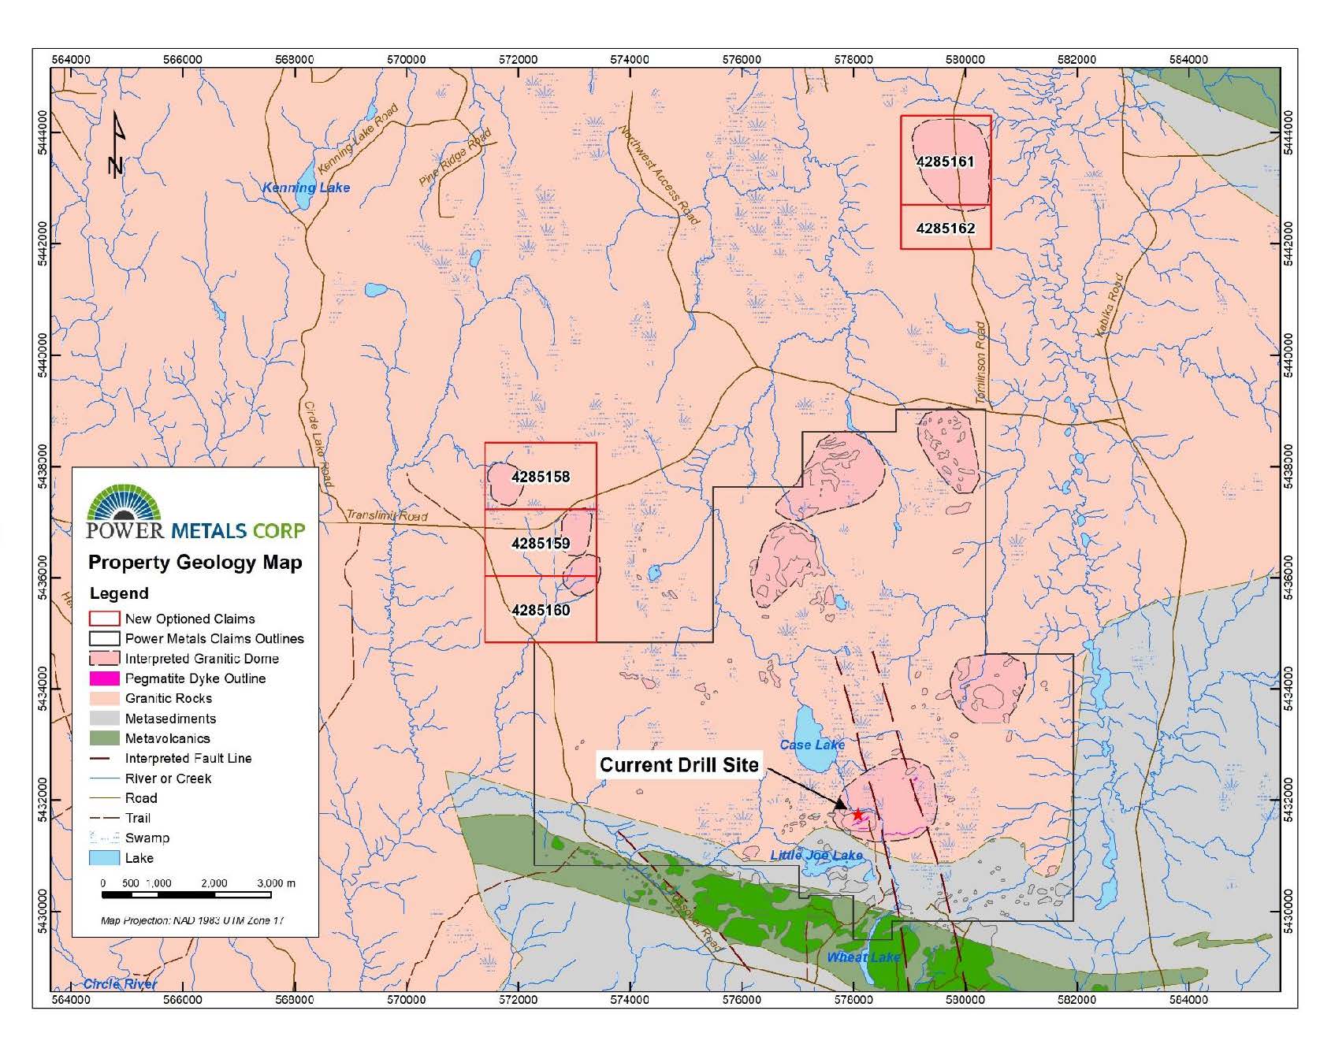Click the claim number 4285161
tap(945, 162)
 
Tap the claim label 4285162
tap(945, 229)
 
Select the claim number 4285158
tap(541, 477)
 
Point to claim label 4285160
tap(541, 610)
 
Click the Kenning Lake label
tap(306, 188)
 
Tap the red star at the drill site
tap(857, 816)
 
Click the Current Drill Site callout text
tap(679, 765)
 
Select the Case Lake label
tap(812, 745)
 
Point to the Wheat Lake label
tap(863, 957)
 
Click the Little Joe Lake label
tap(816, 855)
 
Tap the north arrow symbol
tap(117, 146)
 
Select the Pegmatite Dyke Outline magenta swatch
tap(105, 678)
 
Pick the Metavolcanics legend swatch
tap(105, 738)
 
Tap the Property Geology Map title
tap(195, 563)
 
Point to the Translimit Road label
tap(387, 516)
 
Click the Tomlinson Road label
tap(981, 362)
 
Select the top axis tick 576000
tap(742, 59)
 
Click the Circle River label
tap(120, 983)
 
